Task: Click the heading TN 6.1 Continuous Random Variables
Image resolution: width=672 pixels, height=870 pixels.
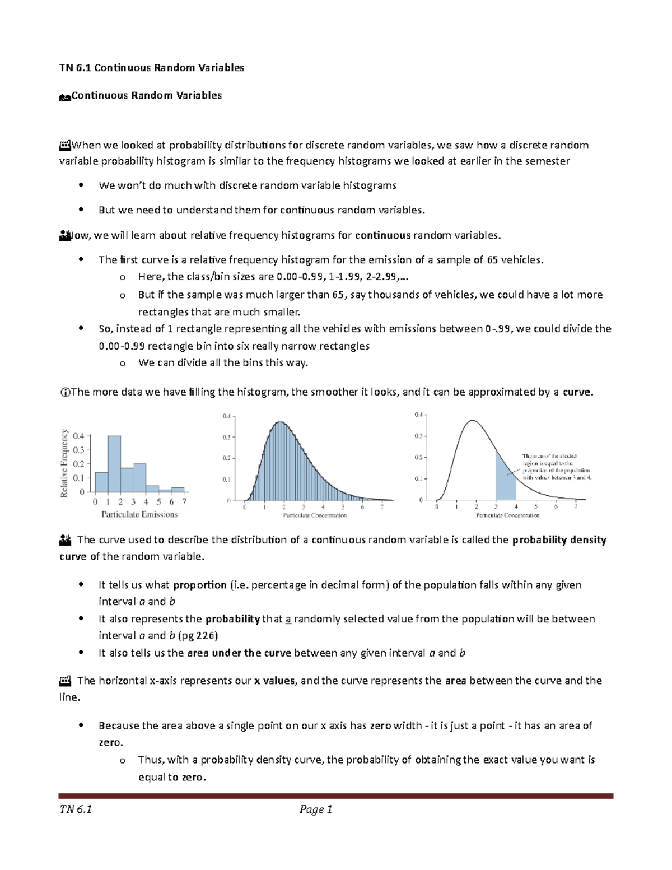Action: (151, 68)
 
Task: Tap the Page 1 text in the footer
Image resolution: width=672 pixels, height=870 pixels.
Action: (316, 809)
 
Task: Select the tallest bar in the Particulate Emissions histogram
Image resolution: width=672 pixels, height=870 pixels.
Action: (114, 463)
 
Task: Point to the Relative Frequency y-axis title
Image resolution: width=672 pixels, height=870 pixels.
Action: (64, 463)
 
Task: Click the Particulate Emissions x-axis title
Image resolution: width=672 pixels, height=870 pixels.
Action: (139, 514)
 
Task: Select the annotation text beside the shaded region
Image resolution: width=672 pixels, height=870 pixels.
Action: (556, 467)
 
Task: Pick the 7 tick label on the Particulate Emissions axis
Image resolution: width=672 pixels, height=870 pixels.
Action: (184, 502)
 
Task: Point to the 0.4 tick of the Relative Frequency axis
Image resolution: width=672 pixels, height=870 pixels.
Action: (78, 436)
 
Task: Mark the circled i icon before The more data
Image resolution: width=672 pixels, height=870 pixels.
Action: (64, 392)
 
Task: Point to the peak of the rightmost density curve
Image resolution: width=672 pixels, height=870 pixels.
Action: (473, 420)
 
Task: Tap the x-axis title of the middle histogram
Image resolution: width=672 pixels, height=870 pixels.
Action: (315, 515)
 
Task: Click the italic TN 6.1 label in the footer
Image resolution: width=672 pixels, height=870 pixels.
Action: (76, 809)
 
